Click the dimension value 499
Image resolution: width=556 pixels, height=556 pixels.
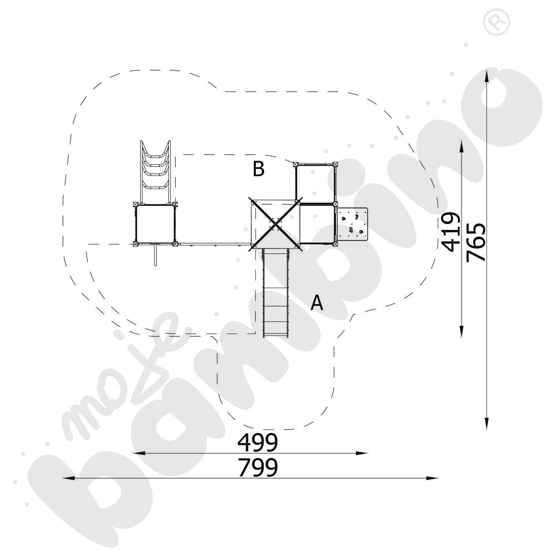[257, 443]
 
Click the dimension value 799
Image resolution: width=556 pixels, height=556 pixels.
[257, 468]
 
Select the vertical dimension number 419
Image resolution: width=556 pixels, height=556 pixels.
[450, 232]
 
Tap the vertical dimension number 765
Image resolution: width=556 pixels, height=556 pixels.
[476, 242]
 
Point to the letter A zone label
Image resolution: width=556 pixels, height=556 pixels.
[317, 302]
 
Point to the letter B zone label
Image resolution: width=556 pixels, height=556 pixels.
[258, 168]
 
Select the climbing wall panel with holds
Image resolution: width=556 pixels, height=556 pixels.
[353, 224]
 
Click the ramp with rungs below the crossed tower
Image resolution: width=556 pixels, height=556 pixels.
[276, 292]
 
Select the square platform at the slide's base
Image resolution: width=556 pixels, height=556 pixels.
[156, 224]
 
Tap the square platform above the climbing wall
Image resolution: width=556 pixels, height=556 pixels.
[316, 183]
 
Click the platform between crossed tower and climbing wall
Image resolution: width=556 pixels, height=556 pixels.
[317, 224]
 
